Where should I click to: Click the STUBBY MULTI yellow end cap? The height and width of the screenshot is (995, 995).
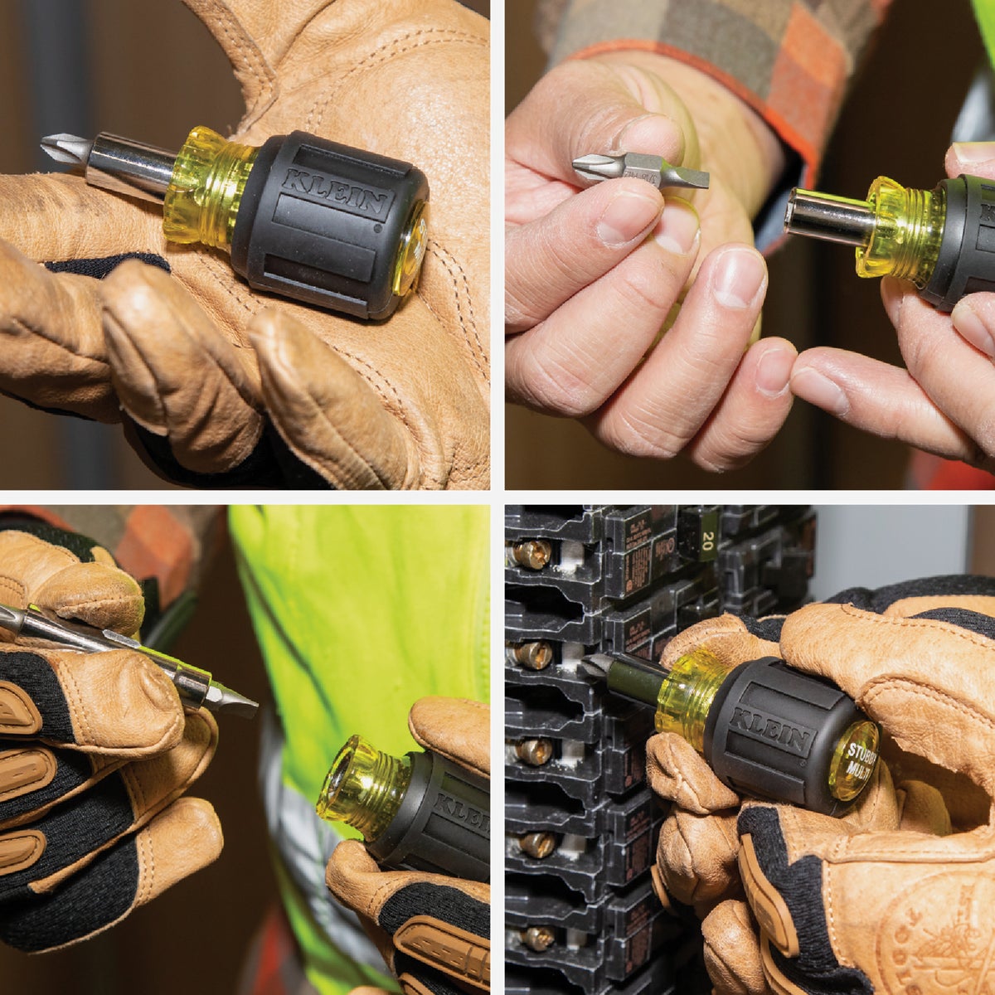(854, 760)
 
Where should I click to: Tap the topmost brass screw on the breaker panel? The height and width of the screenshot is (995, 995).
(531, 554)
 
